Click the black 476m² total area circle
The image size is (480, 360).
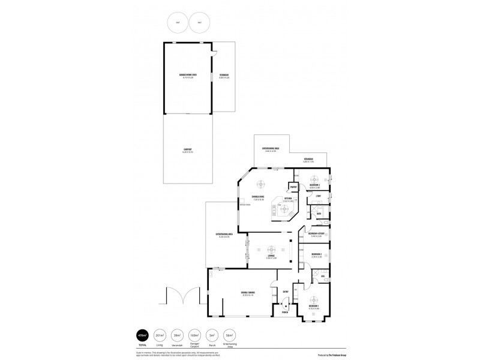pos(143,335)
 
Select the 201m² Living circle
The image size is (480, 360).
pos(160,335)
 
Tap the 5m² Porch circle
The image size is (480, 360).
pos(212,335)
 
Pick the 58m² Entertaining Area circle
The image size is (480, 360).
pos(229,335)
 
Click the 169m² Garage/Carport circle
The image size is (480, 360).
pos(194,335)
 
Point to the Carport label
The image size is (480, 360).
pos(187,150)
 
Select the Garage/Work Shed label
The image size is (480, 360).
pos(188,76)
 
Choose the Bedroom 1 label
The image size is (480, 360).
pos(313,306)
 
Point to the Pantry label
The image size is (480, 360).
pos(293,187)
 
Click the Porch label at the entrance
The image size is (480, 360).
pos(286,313)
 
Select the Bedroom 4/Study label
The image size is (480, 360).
pos(316,234)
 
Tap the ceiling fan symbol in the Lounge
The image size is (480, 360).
pos(271,248)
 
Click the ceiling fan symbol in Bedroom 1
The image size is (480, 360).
pos(313,299)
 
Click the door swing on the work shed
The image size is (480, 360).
pos(212,55)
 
